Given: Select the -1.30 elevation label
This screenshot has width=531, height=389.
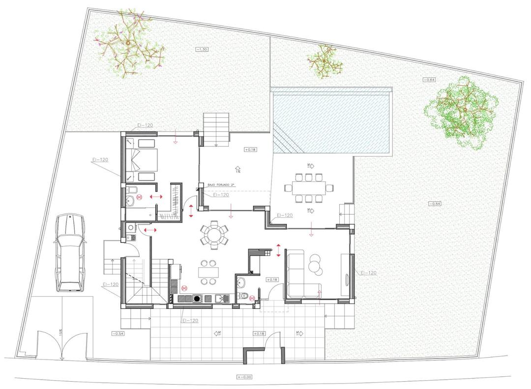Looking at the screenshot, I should click(x=202, y=49).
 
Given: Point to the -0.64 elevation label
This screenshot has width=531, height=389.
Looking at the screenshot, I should click(x=429, y=80).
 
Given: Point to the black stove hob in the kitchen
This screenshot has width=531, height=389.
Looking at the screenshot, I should click(x=197, y=298).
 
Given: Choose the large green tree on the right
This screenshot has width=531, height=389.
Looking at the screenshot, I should click(x=462, y=111).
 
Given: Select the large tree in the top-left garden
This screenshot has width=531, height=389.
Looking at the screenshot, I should click(x=129, y=44).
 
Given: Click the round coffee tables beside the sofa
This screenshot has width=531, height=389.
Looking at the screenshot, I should click(x=315, y=266).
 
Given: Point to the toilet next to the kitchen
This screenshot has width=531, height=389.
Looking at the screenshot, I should click(x=244, y=295).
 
